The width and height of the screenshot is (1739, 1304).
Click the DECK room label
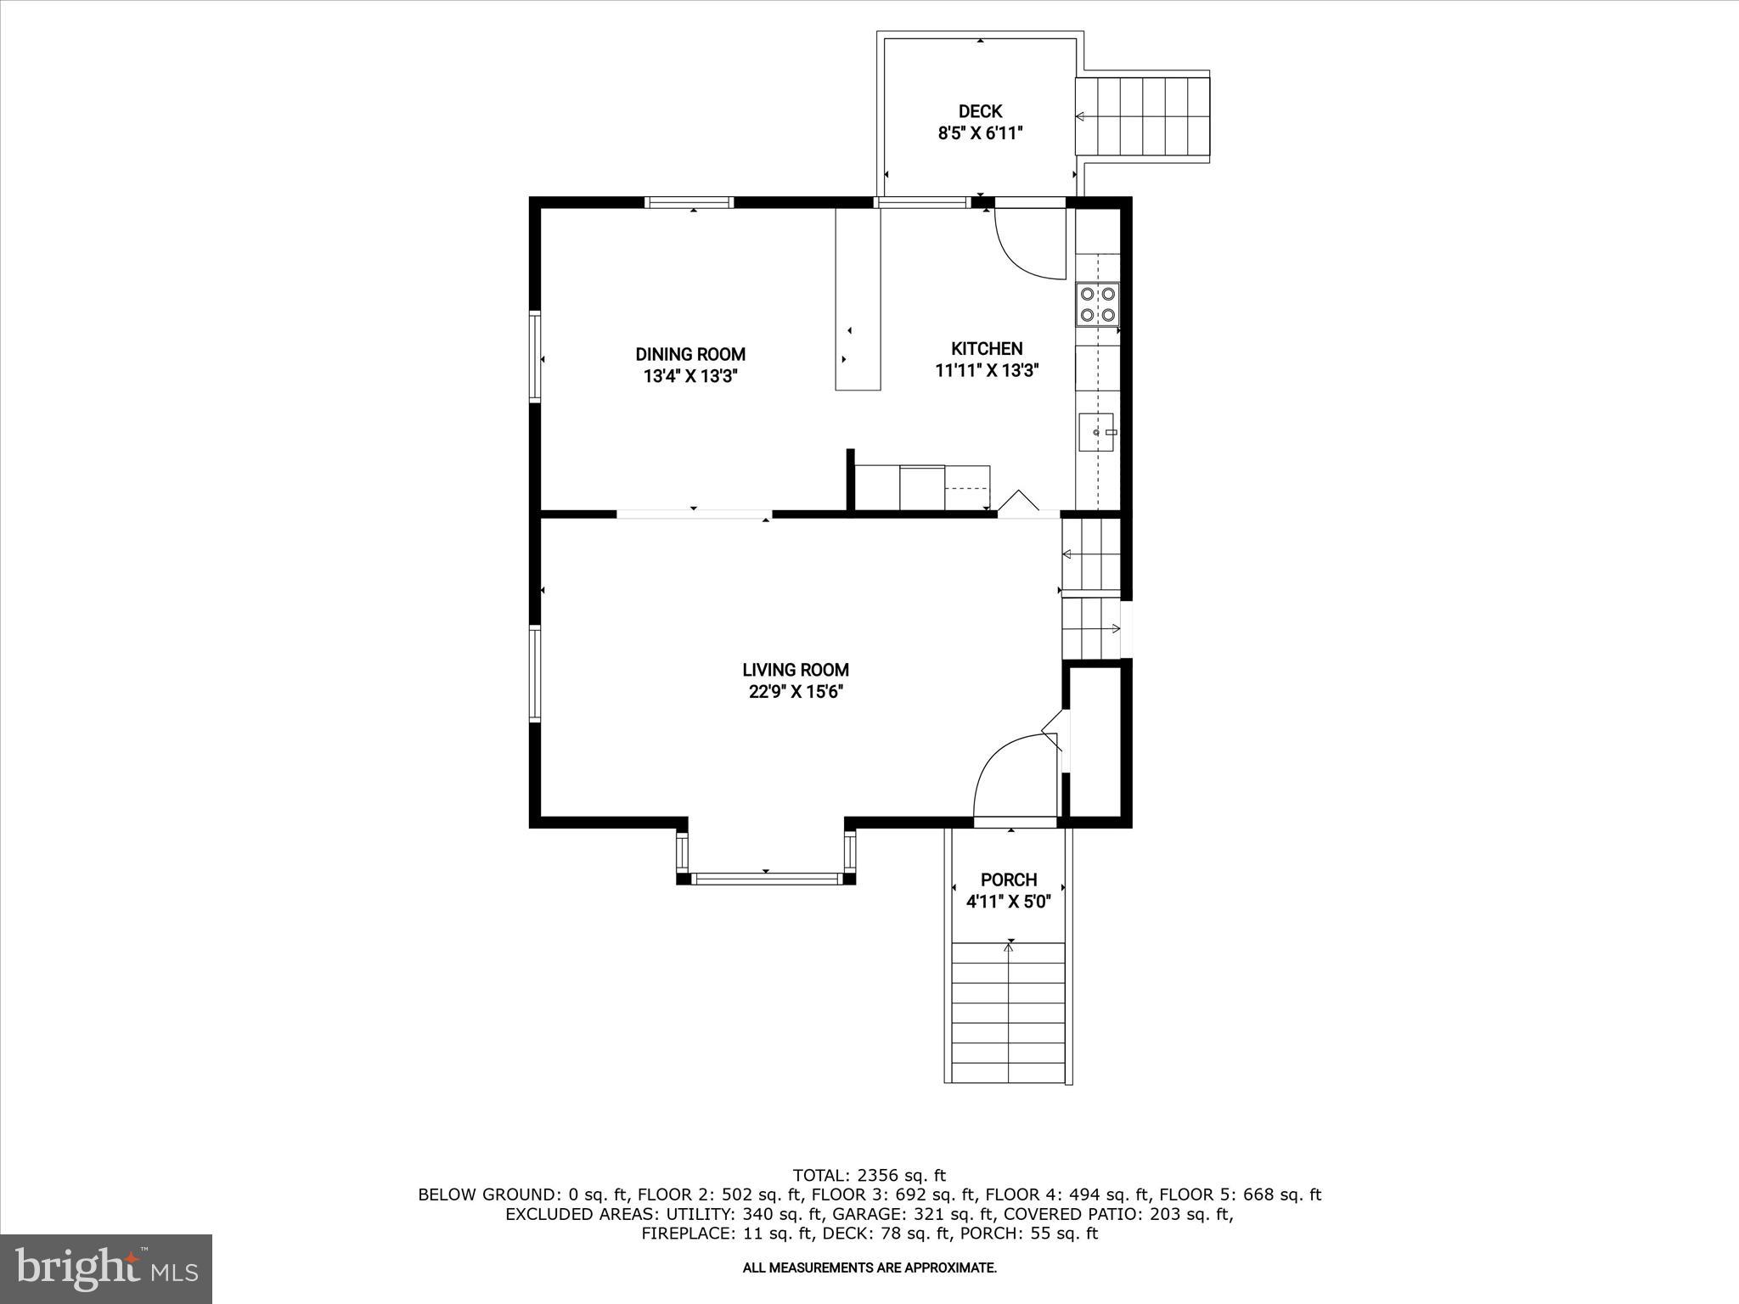tap(980, 111)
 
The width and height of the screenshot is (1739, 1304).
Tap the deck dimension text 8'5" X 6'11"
tap(980, 133)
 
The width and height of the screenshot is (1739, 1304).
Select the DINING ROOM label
tap(690, 354)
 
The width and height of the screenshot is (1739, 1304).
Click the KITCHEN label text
tap(987, 348)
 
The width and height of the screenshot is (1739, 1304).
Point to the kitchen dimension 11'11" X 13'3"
tap(987, 370)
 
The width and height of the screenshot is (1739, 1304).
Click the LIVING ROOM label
tap(796, 670)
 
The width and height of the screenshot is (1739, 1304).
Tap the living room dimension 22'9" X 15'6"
tap(796, 692)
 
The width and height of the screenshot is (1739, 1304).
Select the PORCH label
tap(1009, 880)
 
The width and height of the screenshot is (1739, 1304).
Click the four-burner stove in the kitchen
tap(1097, 305)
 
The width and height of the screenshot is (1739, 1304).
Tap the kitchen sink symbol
tap(1097, 432)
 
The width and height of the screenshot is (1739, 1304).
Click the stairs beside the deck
tap(1143, 116)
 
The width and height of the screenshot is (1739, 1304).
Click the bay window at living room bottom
tap(766, 878)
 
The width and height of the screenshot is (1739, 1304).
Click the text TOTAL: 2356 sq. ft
tap(869, 1176)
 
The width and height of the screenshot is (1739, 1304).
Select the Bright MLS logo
tap(106, 1269)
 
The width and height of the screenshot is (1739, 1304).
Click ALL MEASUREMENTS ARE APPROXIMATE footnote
tap(869, 1267)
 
